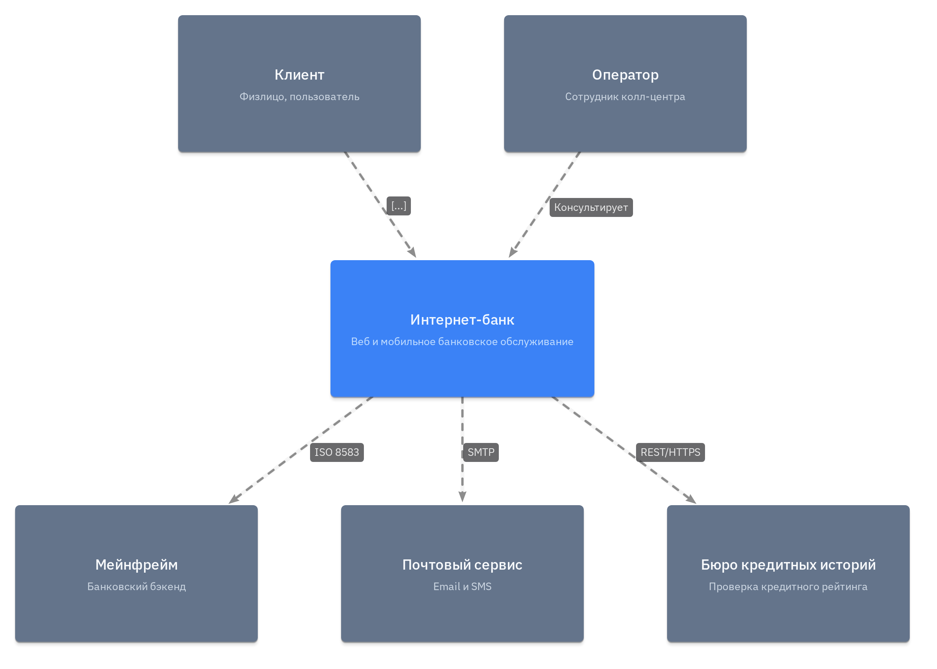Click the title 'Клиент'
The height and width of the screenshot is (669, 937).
[x=299, y=75]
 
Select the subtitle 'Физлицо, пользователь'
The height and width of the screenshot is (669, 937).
[x=299, y=97]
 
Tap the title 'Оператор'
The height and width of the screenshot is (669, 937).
[x=625, y=75]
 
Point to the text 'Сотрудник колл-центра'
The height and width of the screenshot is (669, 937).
[x=625, y=97]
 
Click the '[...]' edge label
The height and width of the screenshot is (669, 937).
[x=398, y=206]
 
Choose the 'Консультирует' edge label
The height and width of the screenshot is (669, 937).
[x=591, y=207]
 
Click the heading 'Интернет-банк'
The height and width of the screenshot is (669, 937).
[x=462, y=320]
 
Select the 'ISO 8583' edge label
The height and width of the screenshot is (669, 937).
[x=337, y=452]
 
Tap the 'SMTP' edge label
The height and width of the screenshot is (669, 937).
[x=481, y=452]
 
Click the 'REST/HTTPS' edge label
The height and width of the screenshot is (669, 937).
[x=670, y=452]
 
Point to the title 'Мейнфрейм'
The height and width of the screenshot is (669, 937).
[x=136, y=565]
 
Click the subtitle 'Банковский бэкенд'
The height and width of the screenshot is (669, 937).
[x=136, y=587]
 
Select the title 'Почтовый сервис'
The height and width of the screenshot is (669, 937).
[x=462, y=565]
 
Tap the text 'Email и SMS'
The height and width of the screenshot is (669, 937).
[x=462, y=587]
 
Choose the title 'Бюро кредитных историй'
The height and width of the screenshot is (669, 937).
[x=788, y=565]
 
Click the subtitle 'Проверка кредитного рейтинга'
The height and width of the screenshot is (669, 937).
[x=788, y=587]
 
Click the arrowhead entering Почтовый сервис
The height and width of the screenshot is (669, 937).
[x=462, y=497]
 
